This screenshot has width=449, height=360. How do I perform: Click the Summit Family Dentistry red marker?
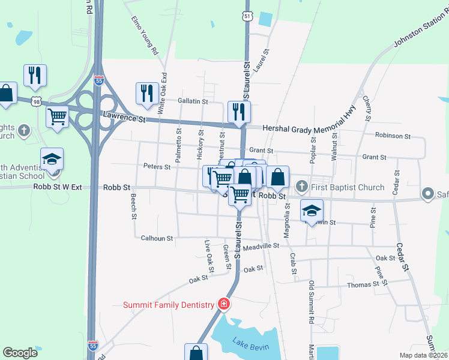point(223,304)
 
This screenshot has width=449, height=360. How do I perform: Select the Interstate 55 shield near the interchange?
point(99,79)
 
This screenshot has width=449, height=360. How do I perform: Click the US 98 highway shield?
point(37,103)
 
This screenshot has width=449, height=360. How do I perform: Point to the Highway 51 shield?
point(247,16)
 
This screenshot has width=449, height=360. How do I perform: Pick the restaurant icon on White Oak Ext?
point(147,94)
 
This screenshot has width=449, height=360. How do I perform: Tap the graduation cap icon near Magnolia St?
point(312,211)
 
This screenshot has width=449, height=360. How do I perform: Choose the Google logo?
point(20,353)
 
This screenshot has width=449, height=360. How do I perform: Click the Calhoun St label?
point(157,238)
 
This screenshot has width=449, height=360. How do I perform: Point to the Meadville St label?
point(261,246)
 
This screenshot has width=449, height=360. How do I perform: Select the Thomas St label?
point(363,284)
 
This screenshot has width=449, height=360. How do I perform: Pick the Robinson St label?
point(392,136)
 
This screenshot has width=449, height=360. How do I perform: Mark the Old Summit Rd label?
point(312,303)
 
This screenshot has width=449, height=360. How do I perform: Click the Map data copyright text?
point(423,355)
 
